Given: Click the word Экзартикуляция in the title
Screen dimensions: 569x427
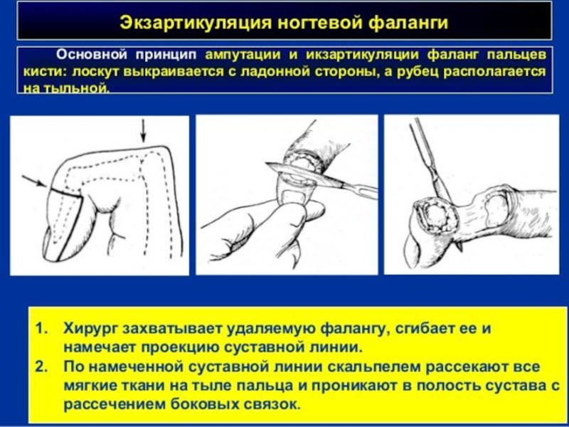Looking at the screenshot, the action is click(x=196, y=23).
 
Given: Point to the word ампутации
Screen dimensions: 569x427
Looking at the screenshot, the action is click(x=243, y=55).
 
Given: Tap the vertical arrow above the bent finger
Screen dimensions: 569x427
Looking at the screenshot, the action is click(x=143, y=131).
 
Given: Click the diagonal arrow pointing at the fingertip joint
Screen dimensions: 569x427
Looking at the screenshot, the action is click(x=35, y=181).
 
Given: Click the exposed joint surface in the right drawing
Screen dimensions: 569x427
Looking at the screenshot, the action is click(x=439, y=217).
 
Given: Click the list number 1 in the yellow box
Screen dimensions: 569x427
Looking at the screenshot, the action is click(x=42, y=329).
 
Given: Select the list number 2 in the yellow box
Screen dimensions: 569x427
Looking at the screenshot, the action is click(x=42, y=367).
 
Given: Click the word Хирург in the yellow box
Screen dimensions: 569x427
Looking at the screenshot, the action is click(x=91, y=330).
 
